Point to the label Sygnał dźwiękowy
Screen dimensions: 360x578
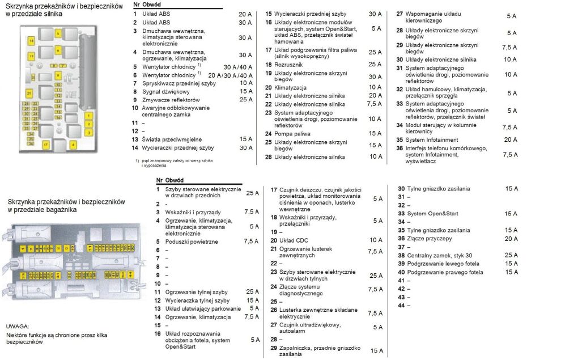click(x=165, y=91)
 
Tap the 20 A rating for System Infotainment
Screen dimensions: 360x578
click(x=510, y=140)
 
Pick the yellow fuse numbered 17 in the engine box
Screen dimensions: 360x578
click(x=46, y=145)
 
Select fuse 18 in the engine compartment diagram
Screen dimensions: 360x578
click(x=31, y=41)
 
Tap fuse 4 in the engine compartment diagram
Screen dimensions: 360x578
click(x=73, y=145)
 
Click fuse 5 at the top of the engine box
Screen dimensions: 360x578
click(x=58, y=35)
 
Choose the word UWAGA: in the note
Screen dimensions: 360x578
click(x=18, y=327)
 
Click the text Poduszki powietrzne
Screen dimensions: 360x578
click(x=192, y=242)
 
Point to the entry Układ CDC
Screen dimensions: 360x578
click(x=294, y=240)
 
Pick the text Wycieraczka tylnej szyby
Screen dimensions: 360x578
click(x=197, y=300)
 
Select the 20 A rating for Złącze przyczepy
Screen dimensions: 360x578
click(x=512, y=239)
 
